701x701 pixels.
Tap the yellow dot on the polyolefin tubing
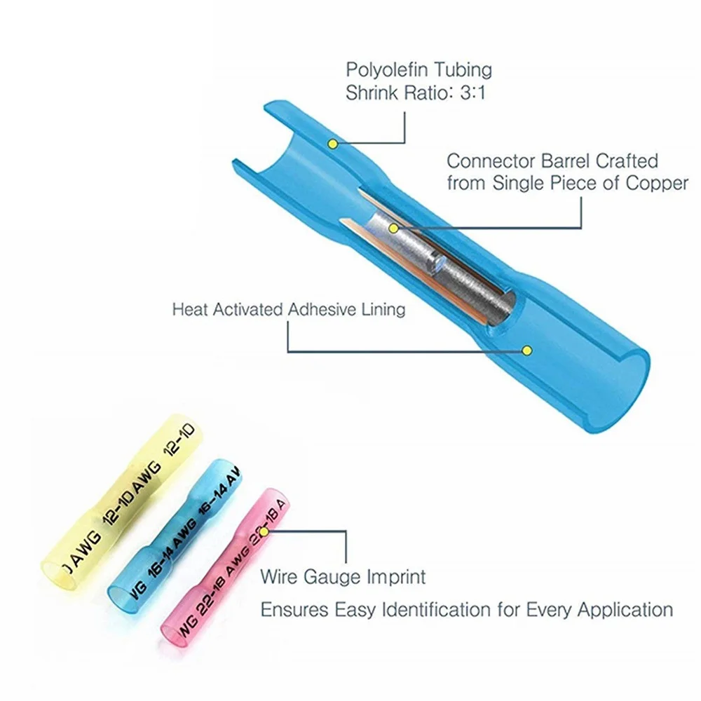point(333,144)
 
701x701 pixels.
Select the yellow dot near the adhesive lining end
point(528,349)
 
